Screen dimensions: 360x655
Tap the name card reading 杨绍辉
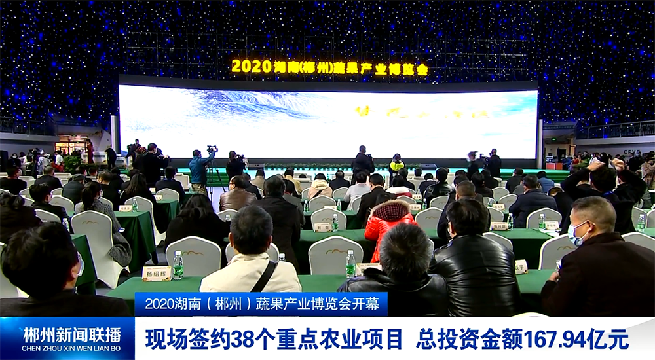tap(157, 273)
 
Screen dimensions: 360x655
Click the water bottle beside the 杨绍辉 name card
tap(178, 265)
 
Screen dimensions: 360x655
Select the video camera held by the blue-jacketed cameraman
tap(212, 149)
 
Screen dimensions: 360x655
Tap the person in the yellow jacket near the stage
tap(396, 164)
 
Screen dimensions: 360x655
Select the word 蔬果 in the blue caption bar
tap(267, 304)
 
